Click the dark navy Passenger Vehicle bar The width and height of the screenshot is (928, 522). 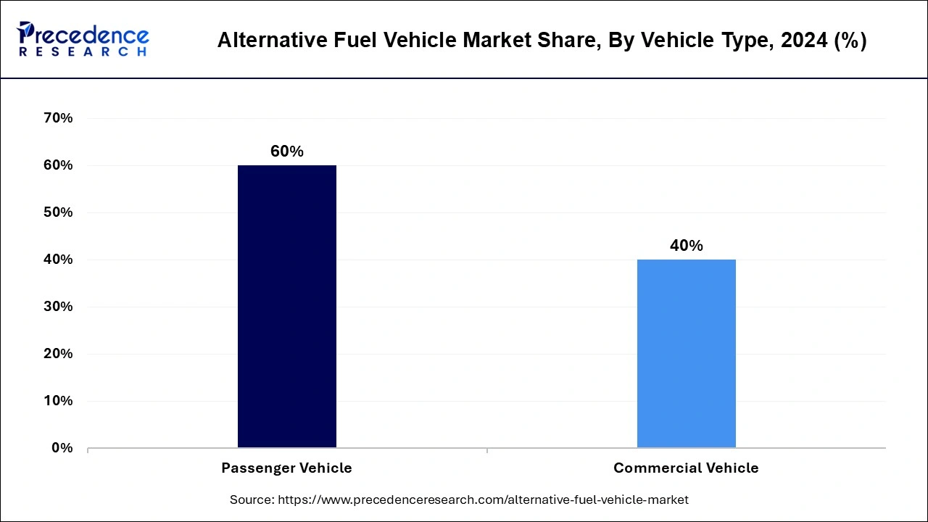[287, 306]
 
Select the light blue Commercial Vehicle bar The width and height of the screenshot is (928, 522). [686, 353]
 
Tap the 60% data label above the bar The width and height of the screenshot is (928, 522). [287, 152]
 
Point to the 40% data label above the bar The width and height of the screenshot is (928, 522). [686, 246]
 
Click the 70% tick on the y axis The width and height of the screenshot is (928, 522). [59, 118]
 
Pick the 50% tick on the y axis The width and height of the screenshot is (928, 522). [59, 212]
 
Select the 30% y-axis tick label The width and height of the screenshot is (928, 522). [59, 307]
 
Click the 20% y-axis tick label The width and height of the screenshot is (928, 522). [59, 354]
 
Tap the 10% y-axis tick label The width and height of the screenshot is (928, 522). [59, 401]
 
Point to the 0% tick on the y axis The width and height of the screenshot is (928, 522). [62, 448]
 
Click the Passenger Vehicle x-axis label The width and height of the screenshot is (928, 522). [287, 468]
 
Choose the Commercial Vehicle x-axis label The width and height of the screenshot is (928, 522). [686, 468]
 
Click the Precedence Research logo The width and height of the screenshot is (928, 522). [83, 38]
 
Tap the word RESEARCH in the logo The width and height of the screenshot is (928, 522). [83, 51]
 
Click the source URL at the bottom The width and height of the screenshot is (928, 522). [484, 500]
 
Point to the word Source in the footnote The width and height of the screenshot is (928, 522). [251, 500]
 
